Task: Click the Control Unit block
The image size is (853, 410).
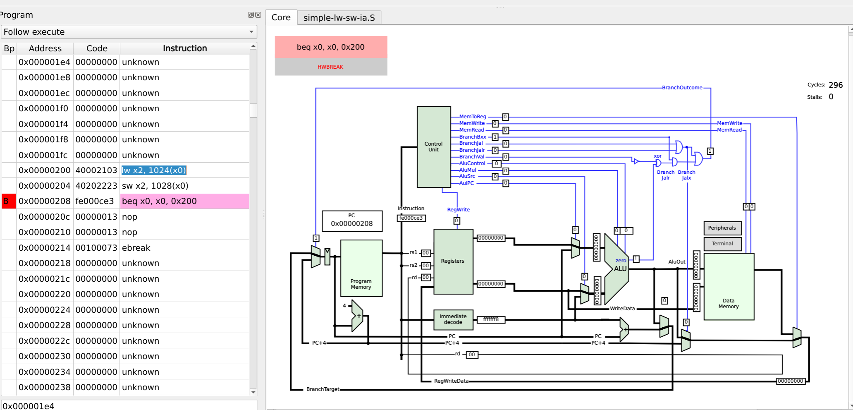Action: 434,147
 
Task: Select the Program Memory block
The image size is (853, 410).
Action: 361,268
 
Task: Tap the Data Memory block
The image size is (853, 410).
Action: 729,286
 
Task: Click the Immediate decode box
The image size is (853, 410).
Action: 453,319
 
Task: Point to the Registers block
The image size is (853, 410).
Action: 453,261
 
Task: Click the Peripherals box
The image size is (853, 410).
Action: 722,228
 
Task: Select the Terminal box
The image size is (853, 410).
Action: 722,244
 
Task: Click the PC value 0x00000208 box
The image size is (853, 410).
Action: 352,221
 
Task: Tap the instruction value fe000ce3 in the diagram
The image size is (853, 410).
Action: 411,218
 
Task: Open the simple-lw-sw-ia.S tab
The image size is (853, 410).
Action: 339,18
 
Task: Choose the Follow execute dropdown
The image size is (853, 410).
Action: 129,32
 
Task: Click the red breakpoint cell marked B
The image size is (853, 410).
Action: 9,201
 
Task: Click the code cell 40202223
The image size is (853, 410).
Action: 96,186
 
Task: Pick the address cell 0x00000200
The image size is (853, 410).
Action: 45,170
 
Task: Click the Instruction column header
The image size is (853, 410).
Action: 185,48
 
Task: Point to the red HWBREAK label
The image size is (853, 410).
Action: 330,67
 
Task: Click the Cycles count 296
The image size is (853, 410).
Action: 836,85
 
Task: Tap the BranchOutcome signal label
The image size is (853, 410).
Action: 682,88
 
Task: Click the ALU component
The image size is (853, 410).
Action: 616,269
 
